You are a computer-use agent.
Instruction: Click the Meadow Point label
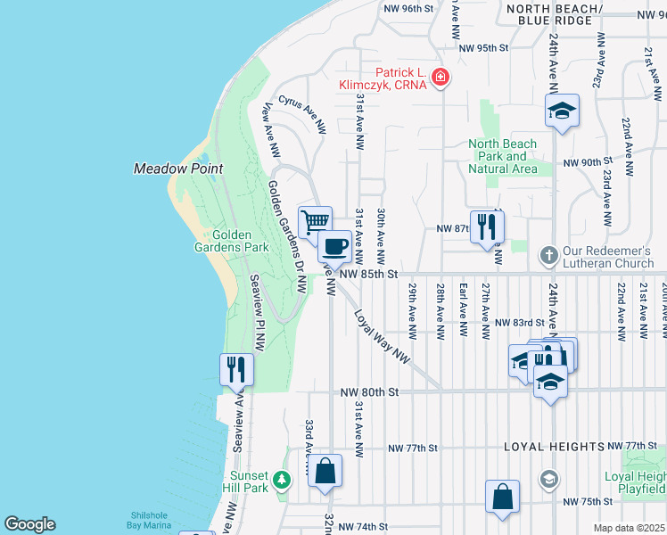[177, 169]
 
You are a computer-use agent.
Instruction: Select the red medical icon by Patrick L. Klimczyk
[439, 79]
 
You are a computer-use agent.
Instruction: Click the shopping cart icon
[315, 220]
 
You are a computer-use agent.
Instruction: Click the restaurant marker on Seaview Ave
[236, 368]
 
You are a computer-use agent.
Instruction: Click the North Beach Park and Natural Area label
[504, 156]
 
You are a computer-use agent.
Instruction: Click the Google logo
[29, 524]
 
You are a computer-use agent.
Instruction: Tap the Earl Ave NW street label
[463, 309]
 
